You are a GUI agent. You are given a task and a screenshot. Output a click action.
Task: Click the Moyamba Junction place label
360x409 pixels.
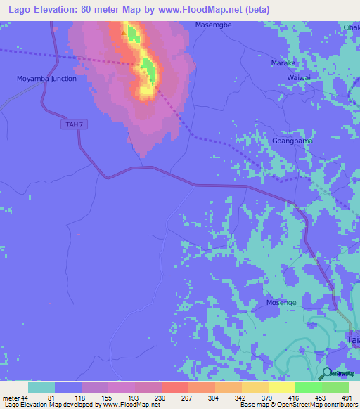pyautogui.click(x=46, y=79)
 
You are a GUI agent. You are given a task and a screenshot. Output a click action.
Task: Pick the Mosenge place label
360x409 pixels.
pyautogui.click(x=281, y=302)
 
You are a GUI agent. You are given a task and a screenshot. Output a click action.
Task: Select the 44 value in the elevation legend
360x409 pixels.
pyautogui.click(x=23, y=398)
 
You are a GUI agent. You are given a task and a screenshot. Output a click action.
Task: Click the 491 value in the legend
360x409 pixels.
pyautogui.click(x=347, y=398)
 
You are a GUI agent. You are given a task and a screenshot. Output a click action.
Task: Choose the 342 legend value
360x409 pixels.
pyautogui.click(x=240, y=398)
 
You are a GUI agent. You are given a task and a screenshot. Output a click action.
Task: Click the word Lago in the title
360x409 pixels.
pyautogui.click(x=18, y=9)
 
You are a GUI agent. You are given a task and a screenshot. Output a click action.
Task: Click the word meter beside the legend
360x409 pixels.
pyautogui.click(x=9, y=398)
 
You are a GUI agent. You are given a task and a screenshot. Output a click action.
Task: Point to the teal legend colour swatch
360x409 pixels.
pyautogui.click(x=41, y=387)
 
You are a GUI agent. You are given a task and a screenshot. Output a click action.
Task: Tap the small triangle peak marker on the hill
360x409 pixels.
pyautogui.click(x=124, y=32)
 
